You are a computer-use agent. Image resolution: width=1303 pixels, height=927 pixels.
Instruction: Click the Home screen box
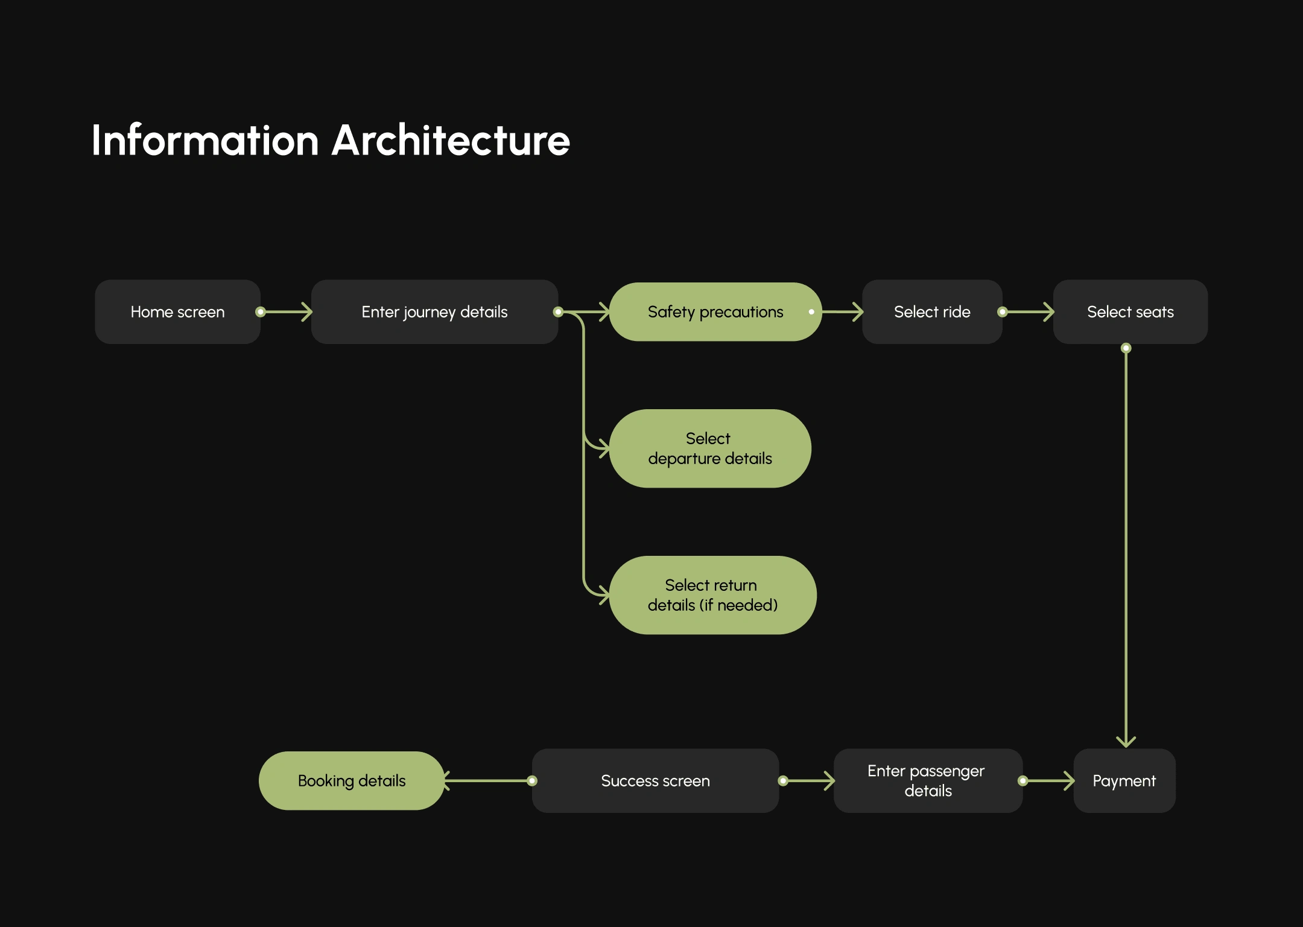coord(177,311)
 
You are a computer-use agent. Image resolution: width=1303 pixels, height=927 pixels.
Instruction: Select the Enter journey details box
coord(434,311)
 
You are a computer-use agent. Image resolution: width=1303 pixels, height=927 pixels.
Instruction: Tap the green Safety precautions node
coord(715,311)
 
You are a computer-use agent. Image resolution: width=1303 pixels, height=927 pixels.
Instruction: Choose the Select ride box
coord(932,311)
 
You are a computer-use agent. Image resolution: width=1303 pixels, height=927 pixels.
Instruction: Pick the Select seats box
coord(1130,311)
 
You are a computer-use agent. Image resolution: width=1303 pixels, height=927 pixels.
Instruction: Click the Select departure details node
coord(710,448)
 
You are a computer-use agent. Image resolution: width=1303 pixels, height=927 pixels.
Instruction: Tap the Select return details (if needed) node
coord(713,595)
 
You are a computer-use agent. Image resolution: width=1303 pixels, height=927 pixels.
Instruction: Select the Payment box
coord(1124,780)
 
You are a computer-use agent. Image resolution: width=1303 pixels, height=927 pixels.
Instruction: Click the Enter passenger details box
coord(928,780)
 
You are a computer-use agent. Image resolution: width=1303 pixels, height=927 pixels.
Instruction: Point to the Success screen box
coord(655,780)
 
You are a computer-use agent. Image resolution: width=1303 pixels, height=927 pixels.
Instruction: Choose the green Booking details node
coord(352,780)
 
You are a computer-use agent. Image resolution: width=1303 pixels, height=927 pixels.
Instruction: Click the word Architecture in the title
coord(451,140)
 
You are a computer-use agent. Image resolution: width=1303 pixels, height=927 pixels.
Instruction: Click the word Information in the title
coord(205,140)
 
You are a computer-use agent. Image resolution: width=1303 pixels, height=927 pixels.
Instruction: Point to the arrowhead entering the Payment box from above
coord(1126,742)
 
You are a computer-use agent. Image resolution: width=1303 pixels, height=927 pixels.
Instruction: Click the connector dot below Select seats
coord(1126,348)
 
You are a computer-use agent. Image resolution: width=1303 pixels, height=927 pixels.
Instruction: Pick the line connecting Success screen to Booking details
coord(488,781)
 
